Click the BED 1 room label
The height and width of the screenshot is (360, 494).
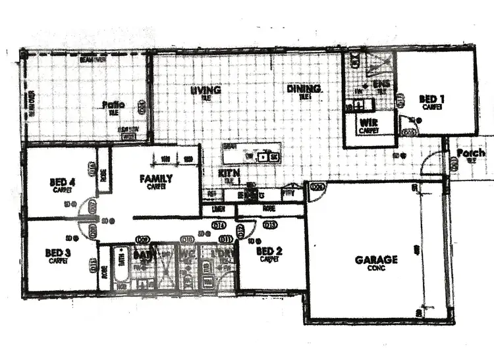click(432, 99)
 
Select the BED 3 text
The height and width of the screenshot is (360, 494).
click(57, 253)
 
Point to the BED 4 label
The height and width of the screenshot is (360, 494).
click(63, 182)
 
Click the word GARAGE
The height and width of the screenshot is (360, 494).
click(376, 260)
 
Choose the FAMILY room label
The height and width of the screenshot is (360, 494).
click(156, 178)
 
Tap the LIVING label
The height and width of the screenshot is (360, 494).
click(206, 90)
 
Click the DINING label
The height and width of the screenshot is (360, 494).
click(304, 89)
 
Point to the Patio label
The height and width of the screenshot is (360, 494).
click(113, 105)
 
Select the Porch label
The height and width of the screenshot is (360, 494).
click(470, 153)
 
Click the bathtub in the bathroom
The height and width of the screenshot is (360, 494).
click(121, 267)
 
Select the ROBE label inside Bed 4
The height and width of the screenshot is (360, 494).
click(103, 176)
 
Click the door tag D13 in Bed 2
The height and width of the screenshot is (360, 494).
click(269, 226)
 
